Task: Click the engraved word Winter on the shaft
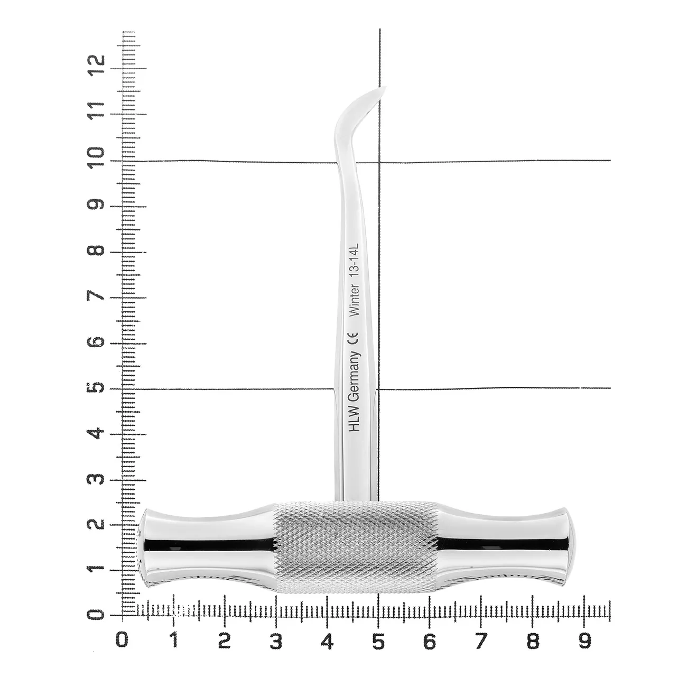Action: pos(355,300)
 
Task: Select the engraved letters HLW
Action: pos(354,421)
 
